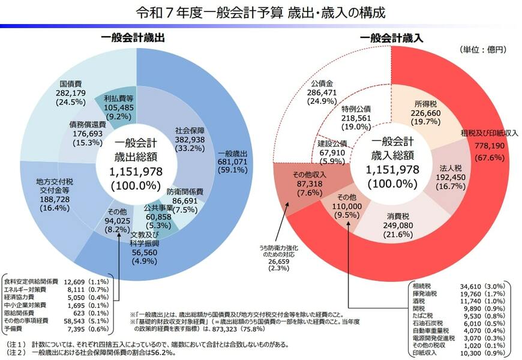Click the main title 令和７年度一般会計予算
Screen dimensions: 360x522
[260, 12]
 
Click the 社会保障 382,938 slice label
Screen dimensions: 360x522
[190, 139]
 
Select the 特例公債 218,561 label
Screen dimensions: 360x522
[356, 118]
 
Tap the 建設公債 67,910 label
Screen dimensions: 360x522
[332, 152]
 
